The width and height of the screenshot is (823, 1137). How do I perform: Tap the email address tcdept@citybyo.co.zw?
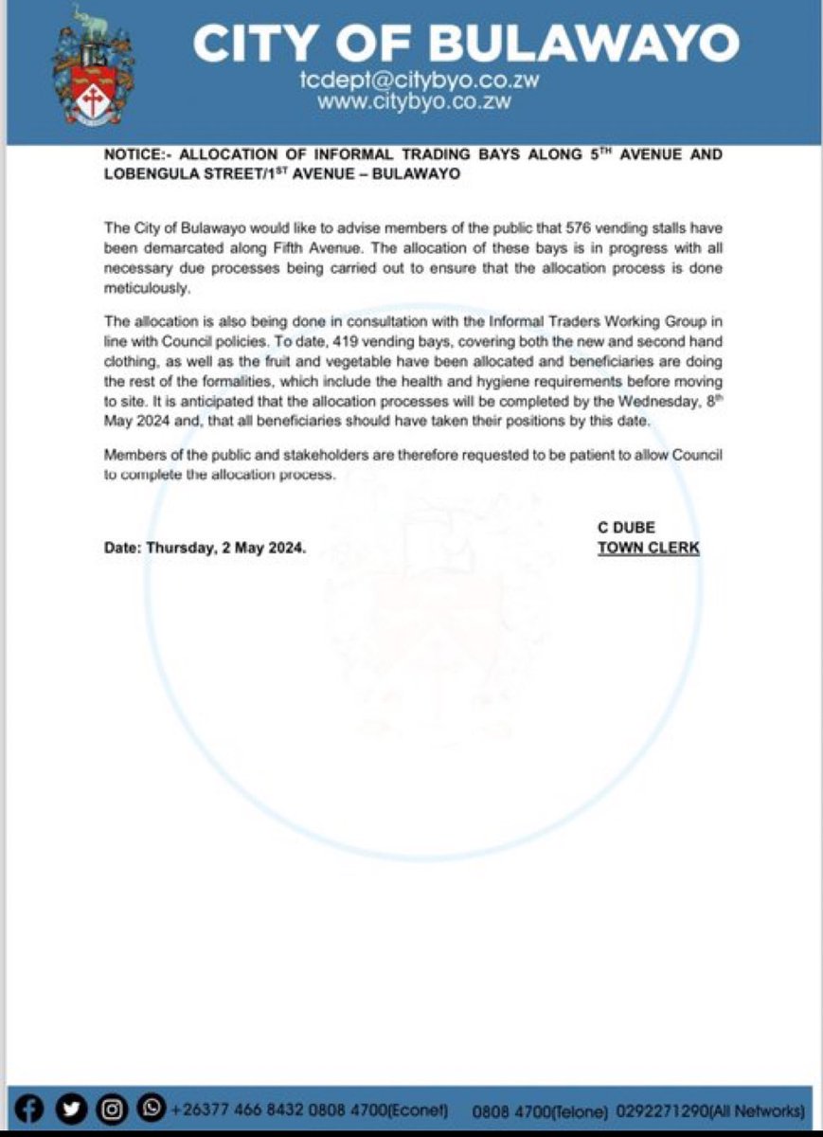point(419,81)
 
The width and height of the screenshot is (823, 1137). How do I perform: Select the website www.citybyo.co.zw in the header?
point(415,101)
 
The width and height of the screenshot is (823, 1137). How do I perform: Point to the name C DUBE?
point(626,528)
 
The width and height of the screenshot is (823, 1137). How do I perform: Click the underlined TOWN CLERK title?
point(648,548)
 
